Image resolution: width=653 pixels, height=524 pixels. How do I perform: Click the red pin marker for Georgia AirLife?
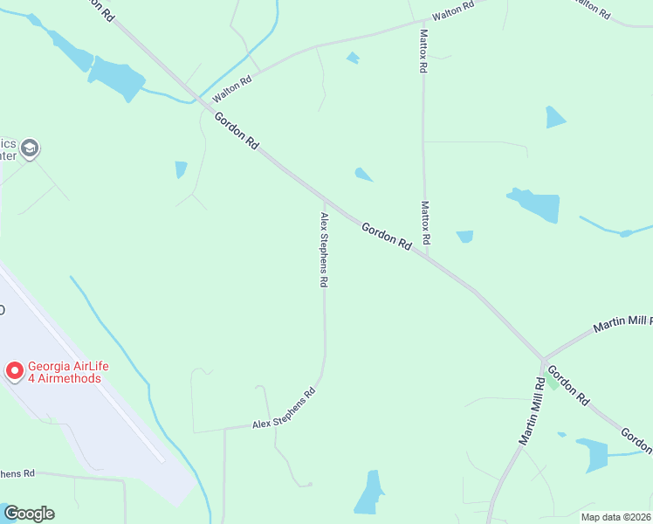[15, 371]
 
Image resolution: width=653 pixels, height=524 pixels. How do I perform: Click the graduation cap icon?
[31, 148]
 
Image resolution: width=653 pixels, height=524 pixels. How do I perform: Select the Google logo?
[29, 514]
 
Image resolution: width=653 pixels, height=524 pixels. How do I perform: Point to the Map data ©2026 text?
[615, 517]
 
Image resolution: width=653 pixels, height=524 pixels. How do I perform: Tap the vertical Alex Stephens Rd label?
[324, 250]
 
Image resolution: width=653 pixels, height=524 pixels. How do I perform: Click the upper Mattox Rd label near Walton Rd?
[423, 50]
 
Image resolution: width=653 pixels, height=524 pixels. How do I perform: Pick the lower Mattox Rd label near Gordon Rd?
[425, 223]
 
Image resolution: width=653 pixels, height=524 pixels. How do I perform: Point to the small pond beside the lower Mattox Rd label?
[464, 237]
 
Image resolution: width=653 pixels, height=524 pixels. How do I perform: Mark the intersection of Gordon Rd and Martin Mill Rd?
[542, 360]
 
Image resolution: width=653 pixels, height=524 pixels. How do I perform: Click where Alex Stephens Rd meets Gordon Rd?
[324, 200]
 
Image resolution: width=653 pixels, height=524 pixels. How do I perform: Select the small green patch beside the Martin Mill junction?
[552, 381]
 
